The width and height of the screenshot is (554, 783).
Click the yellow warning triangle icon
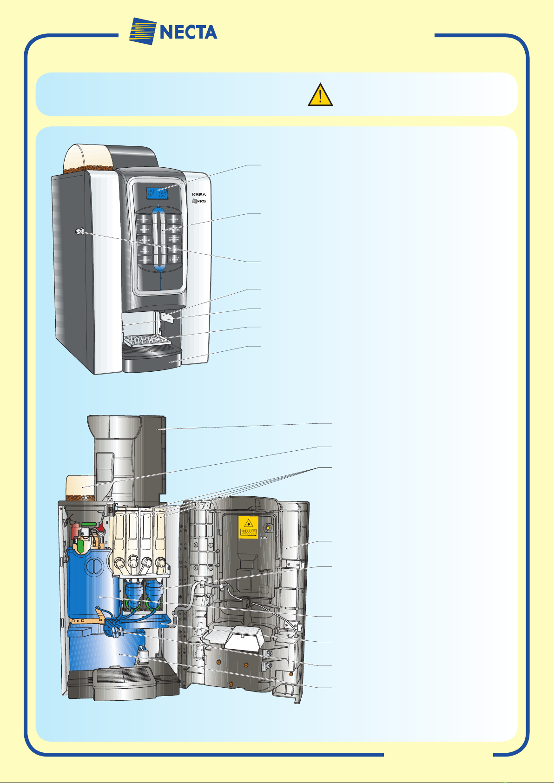320,95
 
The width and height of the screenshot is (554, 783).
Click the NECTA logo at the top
173,32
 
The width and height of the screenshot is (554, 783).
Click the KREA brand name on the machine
199,194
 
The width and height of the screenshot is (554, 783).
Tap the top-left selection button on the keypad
143,219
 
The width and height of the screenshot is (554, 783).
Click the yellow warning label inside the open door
248,527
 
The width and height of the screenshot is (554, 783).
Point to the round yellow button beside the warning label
268,528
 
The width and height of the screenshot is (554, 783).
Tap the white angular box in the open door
242,637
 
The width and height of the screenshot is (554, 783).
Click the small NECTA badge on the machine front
199,201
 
